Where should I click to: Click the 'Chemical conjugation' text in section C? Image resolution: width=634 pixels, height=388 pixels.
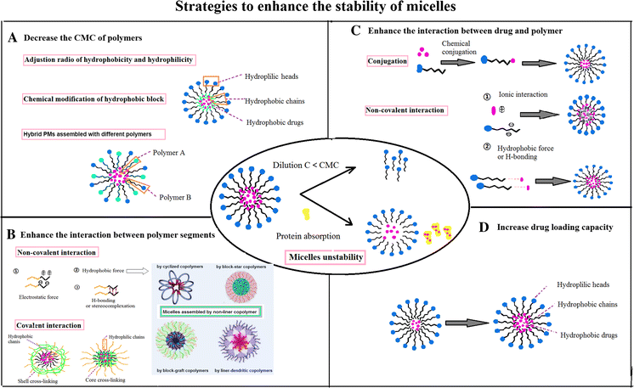[450, 46]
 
